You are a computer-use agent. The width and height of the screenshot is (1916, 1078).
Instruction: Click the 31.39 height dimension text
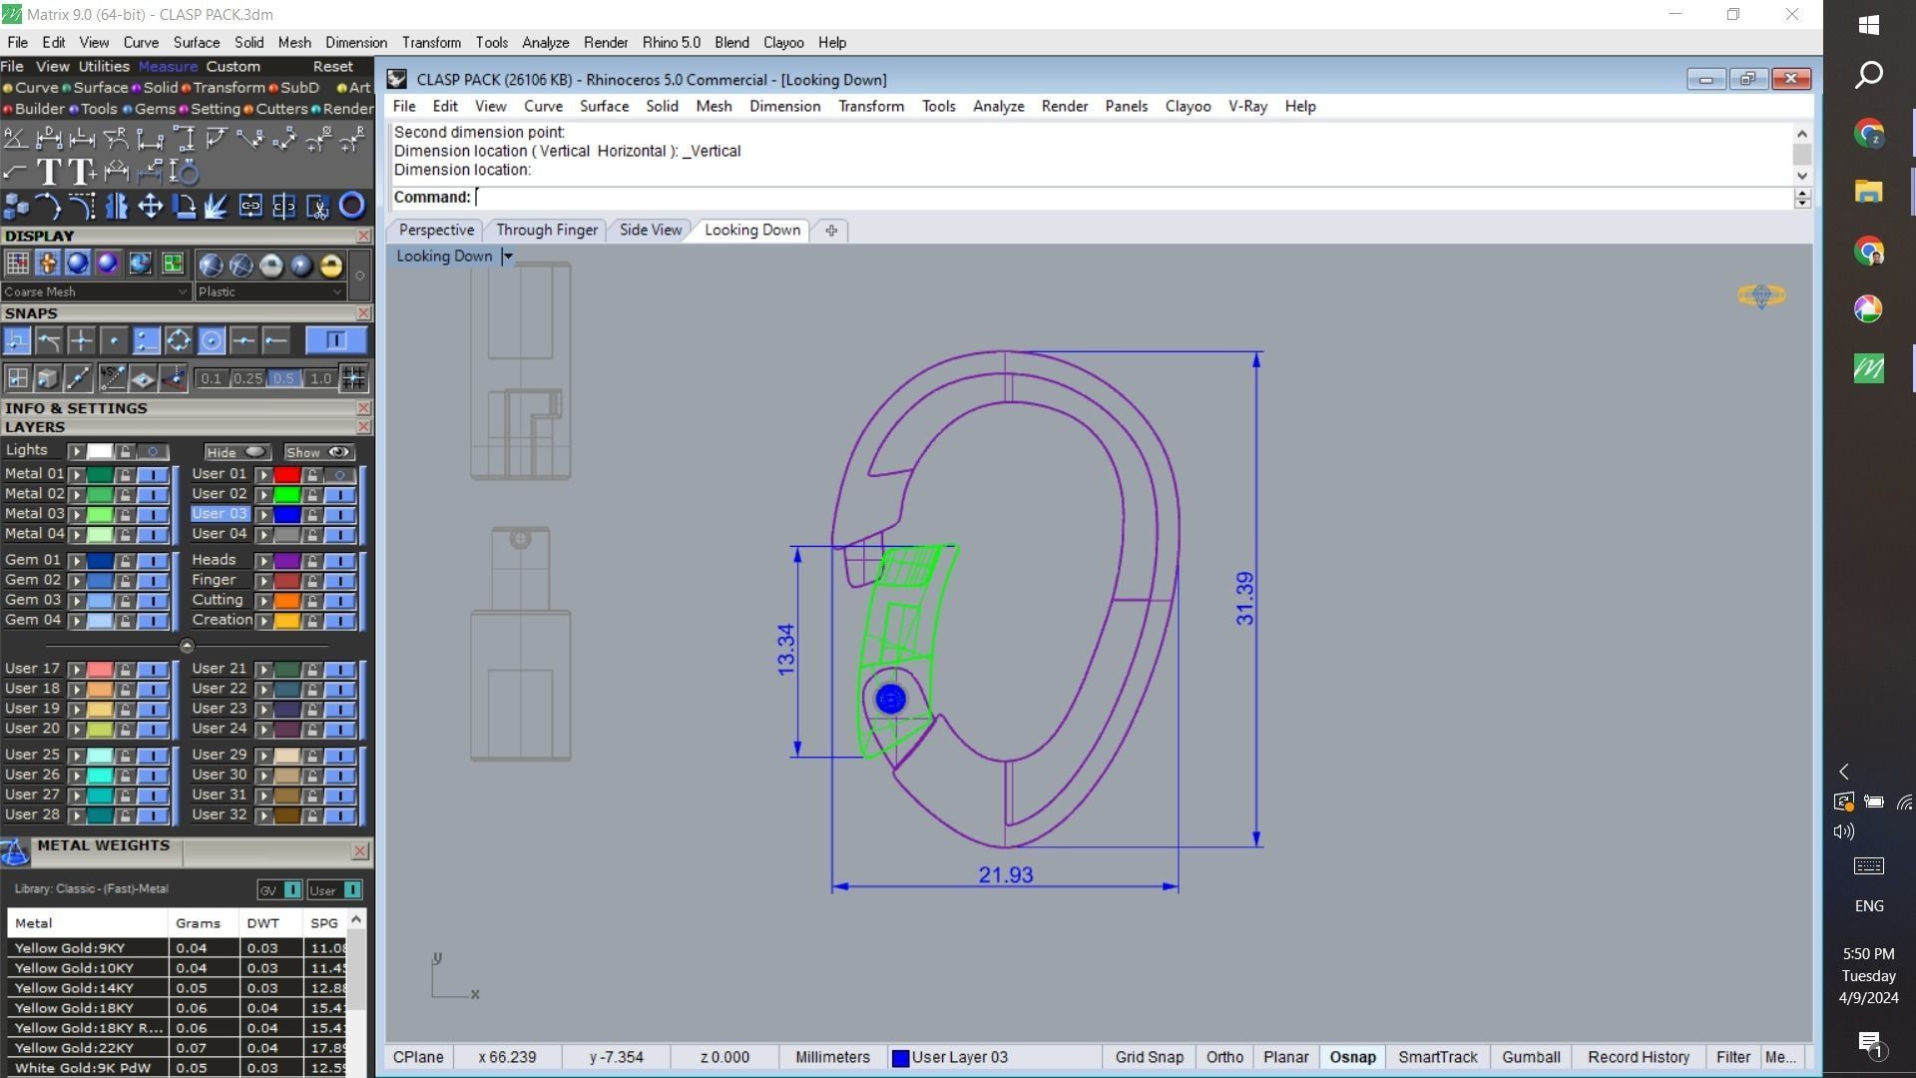pos(1244,599)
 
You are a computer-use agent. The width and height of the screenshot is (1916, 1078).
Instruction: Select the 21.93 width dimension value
pos(1005,875)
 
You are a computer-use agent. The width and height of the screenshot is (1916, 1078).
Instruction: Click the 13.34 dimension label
pos(786,650)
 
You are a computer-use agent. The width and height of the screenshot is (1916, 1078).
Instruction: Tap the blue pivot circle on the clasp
pos(890,699)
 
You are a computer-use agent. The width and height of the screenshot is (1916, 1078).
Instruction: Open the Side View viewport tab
pos(650,230)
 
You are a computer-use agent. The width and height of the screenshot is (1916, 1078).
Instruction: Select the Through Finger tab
pos(546,230)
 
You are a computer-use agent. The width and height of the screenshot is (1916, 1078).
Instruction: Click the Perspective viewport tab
pos(436,230)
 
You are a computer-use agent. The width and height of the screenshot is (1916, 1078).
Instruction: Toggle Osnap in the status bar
pos(1352,1057)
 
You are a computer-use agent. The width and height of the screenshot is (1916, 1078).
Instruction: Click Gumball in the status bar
pos(1530,1057)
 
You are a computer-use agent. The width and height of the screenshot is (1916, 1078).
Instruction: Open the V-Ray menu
pos(1247,106)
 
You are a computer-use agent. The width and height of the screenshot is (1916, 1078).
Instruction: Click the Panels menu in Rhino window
pos(1126,106)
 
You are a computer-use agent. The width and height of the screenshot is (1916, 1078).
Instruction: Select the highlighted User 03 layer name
pos(219,514)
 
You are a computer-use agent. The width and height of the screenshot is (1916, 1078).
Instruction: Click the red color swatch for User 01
pos(287,475)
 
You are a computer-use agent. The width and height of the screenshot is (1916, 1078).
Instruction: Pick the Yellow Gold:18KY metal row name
pos(74,1008)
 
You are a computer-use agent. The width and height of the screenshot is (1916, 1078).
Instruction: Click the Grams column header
pos(198,923)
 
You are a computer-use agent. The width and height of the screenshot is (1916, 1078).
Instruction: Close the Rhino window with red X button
pos(1790,80)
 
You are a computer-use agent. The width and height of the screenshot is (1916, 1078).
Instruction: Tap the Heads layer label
pos(214,560)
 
